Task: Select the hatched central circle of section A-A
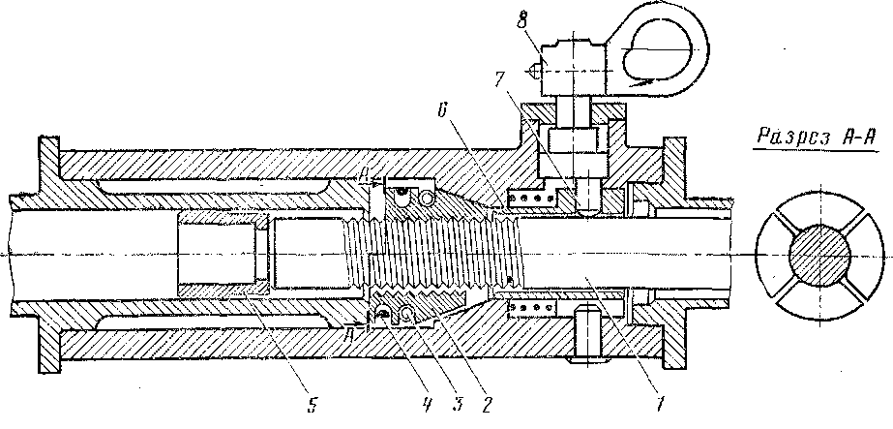pos(819,256)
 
